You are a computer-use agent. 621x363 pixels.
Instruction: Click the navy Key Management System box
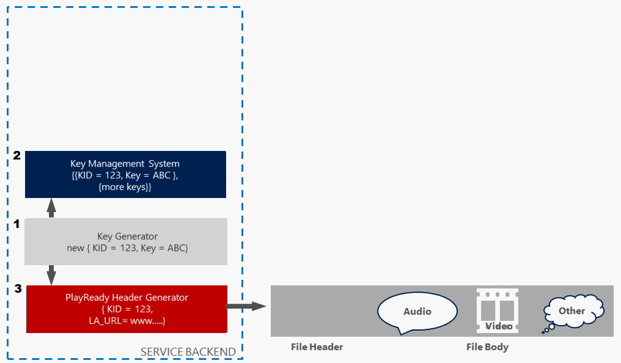[125, 174]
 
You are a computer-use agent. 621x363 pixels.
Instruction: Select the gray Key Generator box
[125, 241]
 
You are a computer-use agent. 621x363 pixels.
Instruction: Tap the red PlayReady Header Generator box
[127, 309]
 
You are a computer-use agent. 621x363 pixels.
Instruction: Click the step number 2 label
[17, 156]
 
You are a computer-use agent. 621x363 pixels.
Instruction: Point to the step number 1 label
[17, 224]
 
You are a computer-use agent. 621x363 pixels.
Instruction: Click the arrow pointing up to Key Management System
[51, 208]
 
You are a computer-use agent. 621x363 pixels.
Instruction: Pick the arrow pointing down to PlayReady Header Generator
[51, 275]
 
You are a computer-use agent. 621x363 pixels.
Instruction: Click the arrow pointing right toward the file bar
[247, 306]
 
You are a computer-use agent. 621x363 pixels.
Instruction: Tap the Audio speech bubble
[417, 312]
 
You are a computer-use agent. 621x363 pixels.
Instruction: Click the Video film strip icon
[497, 311]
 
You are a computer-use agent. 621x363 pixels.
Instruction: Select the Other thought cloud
[572, 311]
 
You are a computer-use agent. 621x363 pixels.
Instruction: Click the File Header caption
[317, 347]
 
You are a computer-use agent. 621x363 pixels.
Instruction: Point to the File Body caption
[487, 347]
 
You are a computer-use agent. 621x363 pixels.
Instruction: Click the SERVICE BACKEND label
[188, 351]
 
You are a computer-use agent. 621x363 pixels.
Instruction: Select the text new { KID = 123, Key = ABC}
[127, 248]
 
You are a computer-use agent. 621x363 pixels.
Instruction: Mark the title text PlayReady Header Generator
[127, 298]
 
